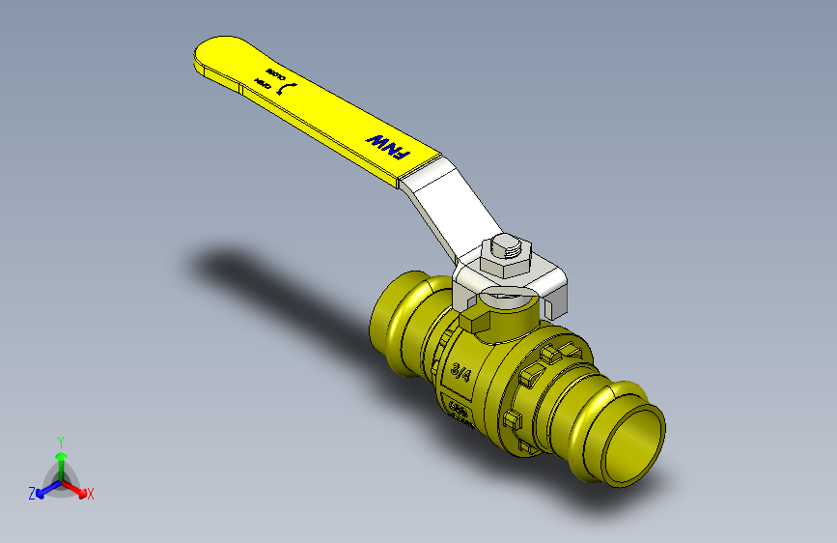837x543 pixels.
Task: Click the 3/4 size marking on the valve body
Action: pyautogui.click(x=461, y=371)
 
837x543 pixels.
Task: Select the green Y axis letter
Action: pyautogui.click(x=61, y=440)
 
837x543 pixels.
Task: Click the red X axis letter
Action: pyautogui.click(x=91, y=494)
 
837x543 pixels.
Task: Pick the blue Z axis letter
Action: pyautogui.click(x=32, y=493)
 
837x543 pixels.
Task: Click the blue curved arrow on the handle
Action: pyautogui.click(x=286, y=88)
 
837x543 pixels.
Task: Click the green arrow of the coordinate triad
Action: pyautogui.click(x=61, y=459)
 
